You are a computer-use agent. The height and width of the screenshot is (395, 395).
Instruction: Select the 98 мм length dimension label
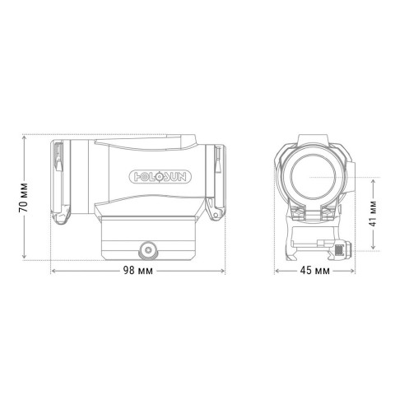[137, 272]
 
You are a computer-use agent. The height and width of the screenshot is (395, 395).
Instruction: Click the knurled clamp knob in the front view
[342, 248]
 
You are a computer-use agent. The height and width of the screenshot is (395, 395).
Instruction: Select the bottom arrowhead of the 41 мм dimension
[374, 249]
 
